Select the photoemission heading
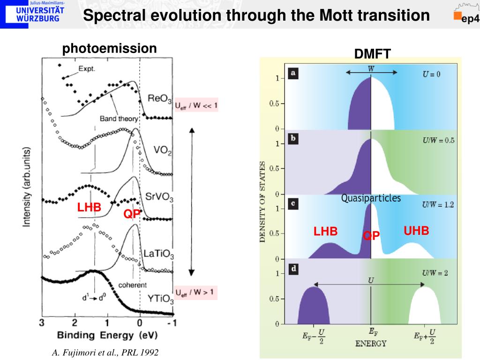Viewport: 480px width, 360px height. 110,48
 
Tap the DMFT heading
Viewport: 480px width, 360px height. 372,54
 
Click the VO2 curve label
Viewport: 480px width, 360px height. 163,151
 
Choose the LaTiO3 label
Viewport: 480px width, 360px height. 158,255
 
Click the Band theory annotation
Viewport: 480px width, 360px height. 119,119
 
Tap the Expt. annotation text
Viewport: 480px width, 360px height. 87,68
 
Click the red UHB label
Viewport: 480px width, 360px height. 416,231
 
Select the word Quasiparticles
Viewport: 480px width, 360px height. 371,198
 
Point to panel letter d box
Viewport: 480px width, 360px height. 293,269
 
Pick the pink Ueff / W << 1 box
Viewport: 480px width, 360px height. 196,105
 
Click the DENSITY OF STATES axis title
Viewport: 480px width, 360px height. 263,202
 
